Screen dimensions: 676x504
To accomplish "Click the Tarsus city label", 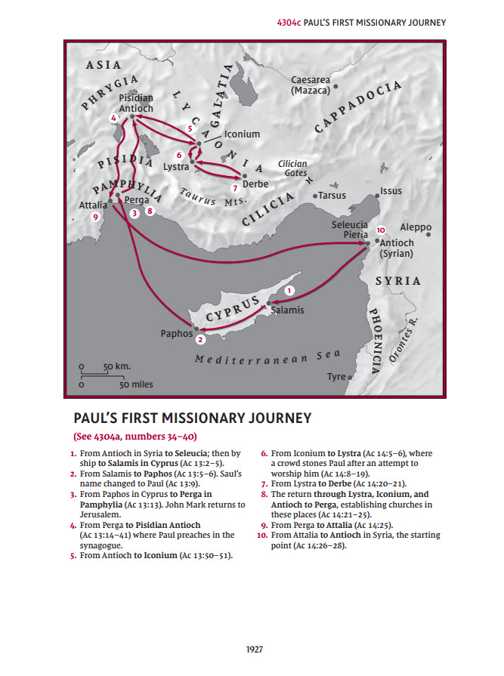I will (x=332, y=195).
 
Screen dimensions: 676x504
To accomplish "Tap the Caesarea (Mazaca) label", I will (x=311, y=85).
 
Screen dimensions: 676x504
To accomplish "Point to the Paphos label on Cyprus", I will (x=177, y=333).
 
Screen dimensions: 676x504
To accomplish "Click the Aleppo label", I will (x=416, y=227).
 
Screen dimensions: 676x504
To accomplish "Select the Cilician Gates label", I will (x=292, y=168).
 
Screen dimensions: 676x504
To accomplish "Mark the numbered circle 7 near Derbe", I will (x=235, y=187).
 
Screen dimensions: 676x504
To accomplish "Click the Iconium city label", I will (x=242, y=134).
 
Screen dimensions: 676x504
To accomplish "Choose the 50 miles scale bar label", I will (x=136, y=384).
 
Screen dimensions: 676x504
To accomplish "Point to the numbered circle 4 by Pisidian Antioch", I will (x=113, y=119).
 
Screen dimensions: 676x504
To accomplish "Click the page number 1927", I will (x=252, y=648).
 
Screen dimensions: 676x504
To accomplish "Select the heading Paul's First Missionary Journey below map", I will (x=192, y=418).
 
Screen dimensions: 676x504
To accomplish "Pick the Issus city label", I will (x=391, y=192).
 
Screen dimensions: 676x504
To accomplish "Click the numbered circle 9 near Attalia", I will (x=96, y=217).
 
